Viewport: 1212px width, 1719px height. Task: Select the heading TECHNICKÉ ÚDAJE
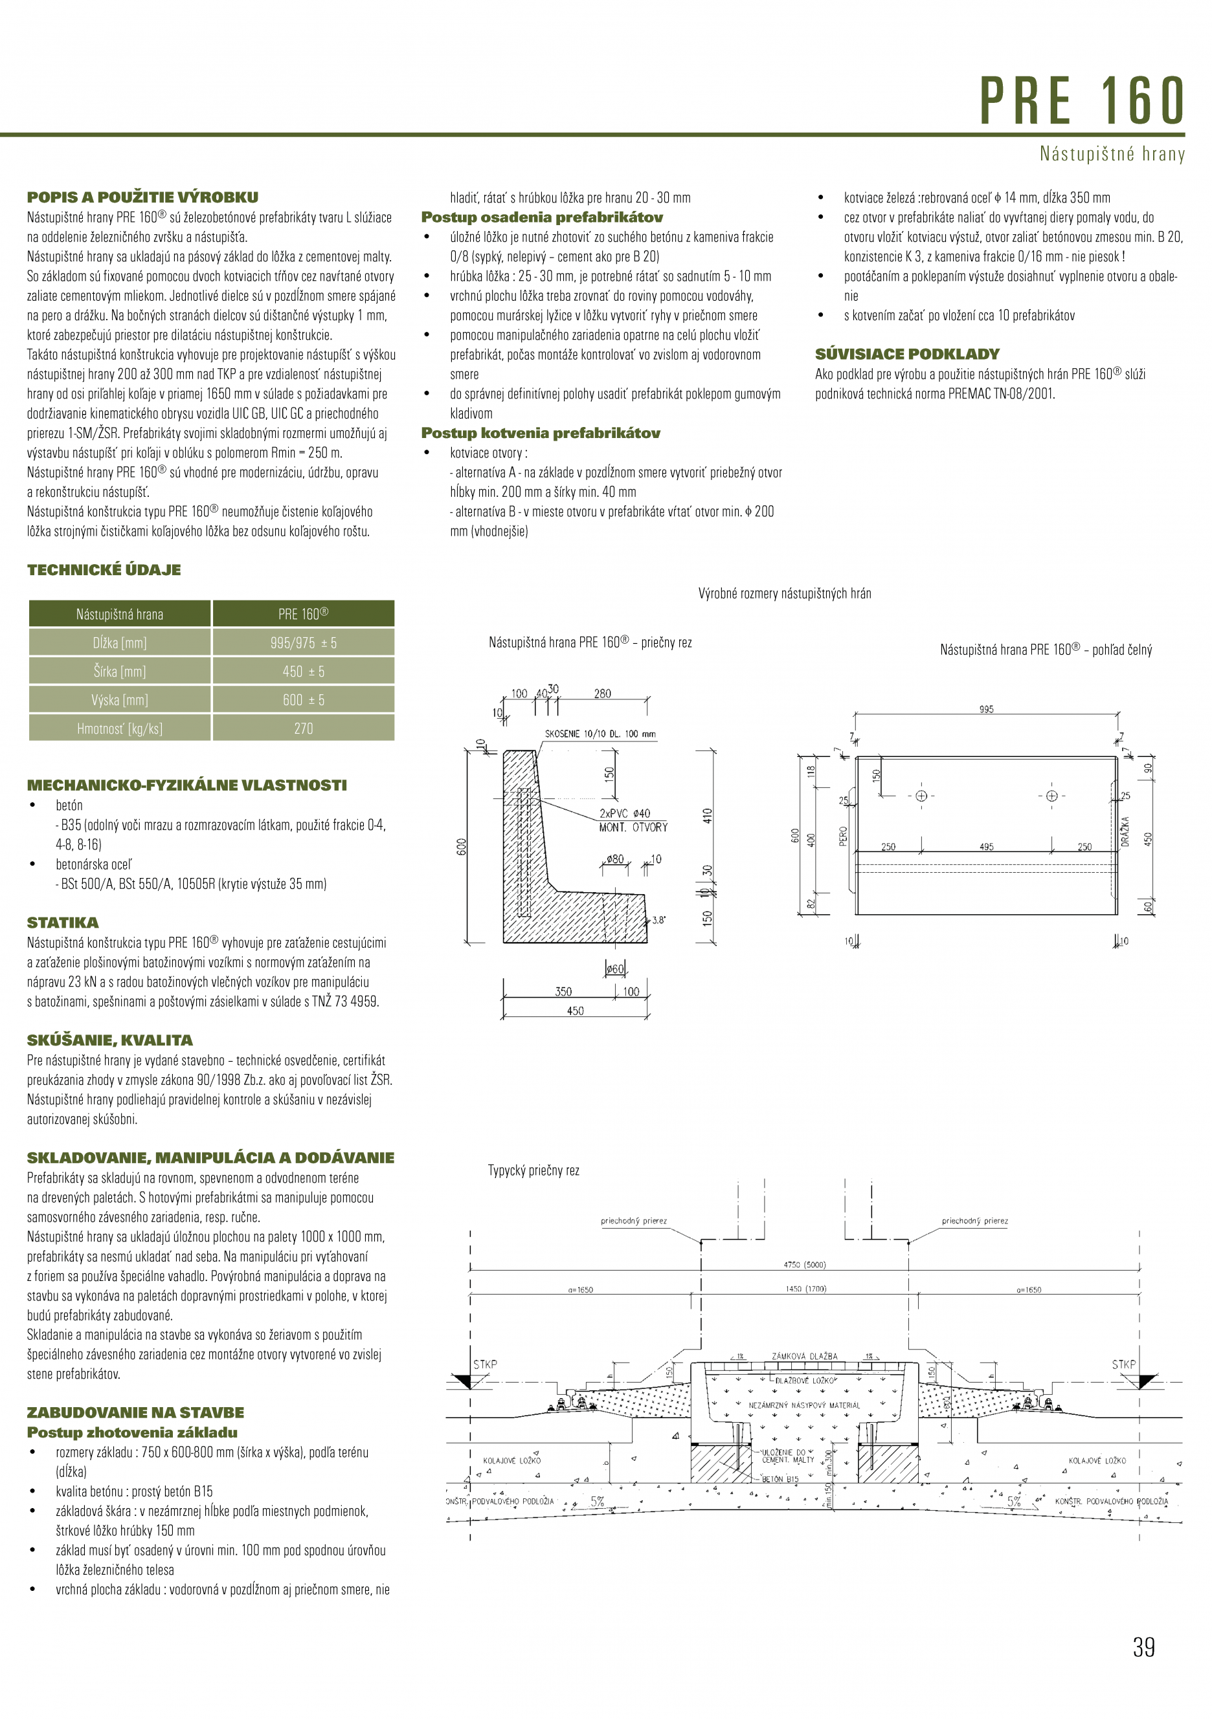[x=104, y=570]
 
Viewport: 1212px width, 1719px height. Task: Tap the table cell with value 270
[x=304, y=728]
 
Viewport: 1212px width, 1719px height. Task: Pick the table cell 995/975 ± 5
[x=304, y=643]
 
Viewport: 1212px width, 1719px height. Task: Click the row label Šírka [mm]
[x=120, y=672]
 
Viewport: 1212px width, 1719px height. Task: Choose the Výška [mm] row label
[x=120, y=700]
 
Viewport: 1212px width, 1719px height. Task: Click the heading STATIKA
[x=63, y=923]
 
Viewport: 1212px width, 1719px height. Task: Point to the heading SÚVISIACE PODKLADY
[x=907, y=354]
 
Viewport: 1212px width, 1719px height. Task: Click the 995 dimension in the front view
[x=986, y=709]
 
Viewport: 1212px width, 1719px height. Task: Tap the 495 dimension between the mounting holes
[x=986, y=847]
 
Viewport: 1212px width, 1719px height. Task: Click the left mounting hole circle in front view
[x=921, y=796]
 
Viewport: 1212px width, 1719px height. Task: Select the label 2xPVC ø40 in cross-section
[x=625, y=813]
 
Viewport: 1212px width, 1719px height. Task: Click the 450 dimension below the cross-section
[x=576, y=1011]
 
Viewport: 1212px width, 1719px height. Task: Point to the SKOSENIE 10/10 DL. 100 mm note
[x=600, y=734]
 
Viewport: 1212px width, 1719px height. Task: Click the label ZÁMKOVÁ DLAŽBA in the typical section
[x=805, y=1356]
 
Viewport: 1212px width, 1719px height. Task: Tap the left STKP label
[x=485, y=1364]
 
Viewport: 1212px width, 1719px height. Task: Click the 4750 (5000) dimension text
[x=805, y=1265]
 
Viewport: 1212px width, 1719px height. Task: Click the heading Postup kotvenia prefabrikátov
[x=540, y=433]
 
